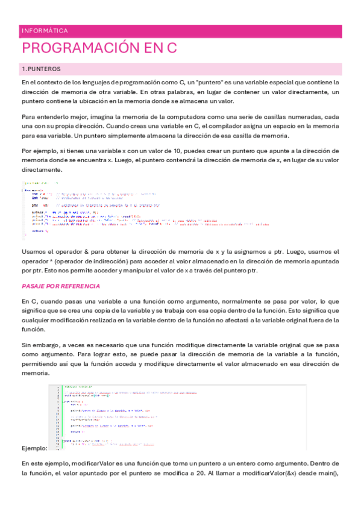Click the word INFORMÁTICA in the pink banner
pos(44,31)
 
